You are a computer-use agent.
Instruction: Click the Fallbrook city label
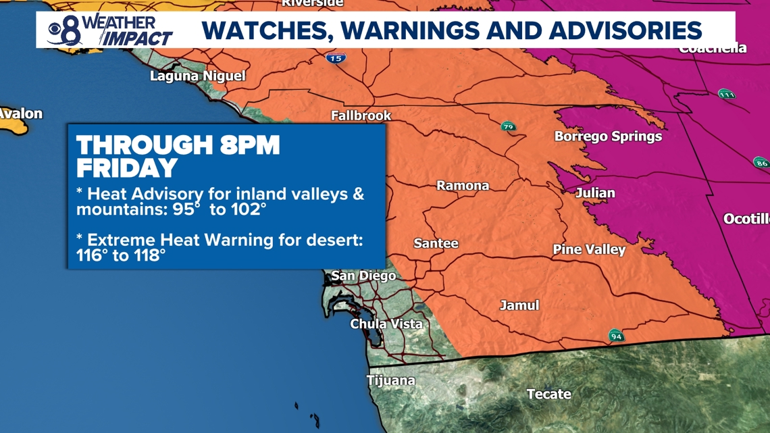click(x=361, y=116)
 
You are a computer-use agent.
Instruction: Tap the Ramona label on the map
click(x=463, y=186)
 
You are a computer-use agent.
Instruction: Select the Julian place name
click(x=595, y=193)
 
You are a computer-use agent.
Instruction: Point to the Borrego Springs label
click(x=608, y=136)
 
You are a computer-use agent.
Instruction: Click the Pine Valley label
click(x=589, y=250)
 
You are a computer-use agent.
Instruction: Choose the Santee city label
click(x=436, y=243)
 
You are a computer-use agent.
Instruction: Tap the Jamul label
click(x=519, y=305)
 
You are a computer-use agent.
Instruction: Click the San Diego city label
click(x=363, y=276)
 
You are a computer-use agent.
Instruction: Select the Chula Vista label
click(x=386, y=324)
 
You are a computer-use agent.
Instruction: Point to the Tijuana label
click(x=390, y=381)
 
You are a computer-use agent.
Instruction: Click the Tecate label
click(x=548, y=394)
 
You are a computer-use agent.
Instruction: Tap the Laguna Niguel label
click(x=197, y=76)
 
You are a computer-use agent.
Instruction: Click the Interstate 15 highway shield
click(x=336, y=58)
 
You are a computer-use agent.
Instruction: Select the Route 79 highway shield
click(x=508, y=126)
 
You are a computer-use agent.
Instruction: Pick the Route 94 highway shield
click(x=615, y=336)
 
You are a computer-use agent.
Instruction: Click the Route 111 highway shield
click(x=726, y=94)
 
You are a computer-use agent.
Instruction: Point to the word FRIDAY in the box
click(x=127, y=168)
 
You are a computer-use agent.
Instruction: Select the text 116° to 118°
click(x=121, y=255)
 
